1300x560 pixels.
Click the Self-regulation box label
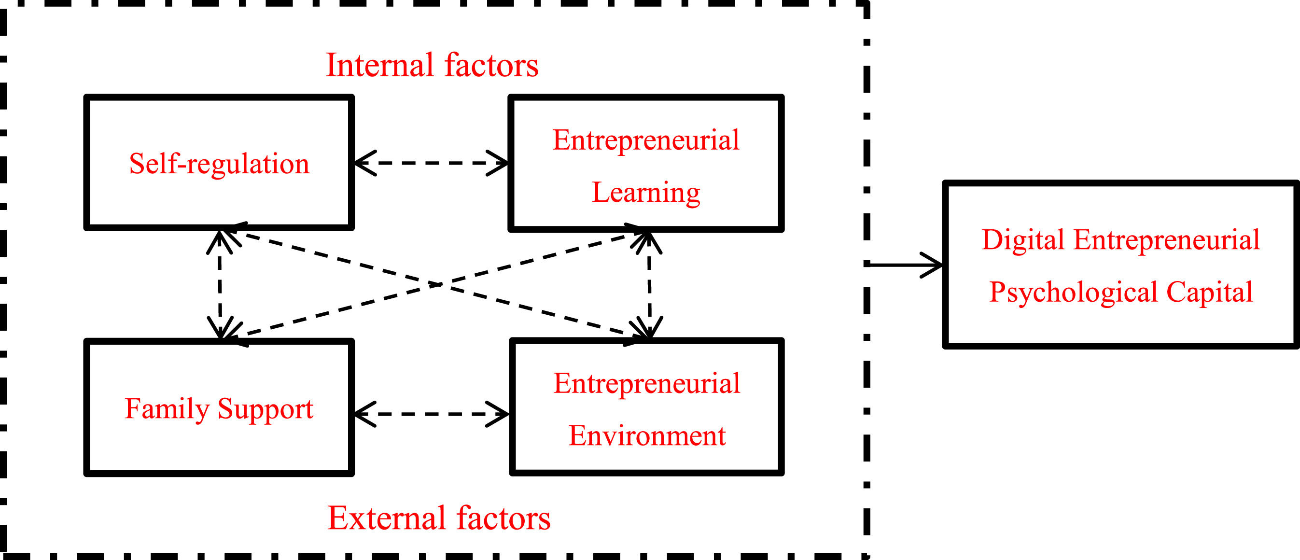click(219, 164)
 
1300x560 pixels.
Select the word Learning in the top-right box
click(646, 193)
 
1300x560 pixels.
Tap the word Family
click(167, 408)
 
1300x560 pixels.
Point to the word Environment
click(647, 436)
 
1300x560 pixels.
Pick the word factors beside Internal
click(491, 66)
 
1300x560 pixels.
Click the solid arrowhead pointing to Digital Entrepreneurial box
click(932, 265)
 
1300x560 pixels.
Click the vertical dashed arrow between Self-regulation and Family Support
click(220, 285)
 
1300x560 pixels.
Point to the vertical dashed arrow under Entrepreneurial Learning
click(649, 285)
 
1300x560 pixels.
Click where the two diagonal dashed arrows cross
click(435, 285)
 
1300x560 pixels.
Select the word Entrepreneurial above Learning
click(646, 140)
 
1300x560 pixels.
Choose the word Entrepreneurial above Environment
click(647, 383)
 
